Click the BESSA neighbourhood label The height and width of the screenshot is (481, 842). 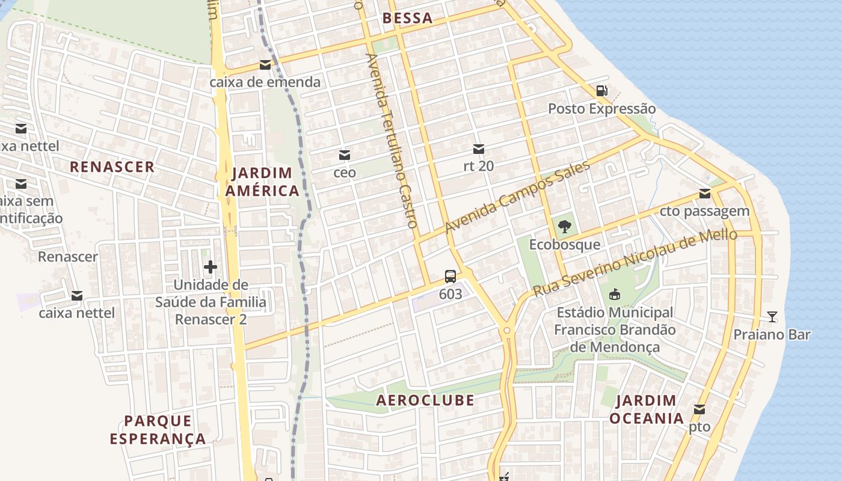point(407,18)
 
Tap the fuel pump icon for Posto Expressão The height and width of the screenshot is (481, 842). point(601,91)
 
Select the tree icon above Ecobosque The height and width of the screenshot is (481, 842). point(564,227)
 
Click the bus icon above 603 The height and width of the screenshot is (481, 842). point(450,277)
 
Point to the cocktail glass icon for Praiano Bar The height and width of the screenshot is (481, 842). point(772,317)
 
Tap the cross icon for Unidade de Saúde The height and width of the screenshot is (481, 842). point(210,267)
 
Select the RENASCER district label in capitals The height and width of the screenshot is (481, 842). point(112,167)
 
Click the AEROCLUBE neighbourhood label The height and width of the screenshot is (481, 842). point(425,400)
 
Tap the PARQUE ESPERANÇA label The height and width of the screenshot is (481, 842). point(158,429)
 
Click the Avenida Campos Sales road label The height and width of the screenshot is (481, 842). point(517,197)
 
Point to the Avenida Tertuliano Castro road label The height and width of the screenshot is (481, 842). point(392,140)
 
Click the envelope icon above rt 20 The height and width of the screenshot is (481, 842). point(479,149)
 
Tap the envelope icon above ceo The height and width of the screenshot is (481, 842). point(345,155)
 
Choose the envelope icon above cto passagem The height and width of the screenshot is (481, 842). point(704,194)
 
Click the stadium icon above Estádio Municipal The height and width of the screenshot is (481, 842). point(614,295)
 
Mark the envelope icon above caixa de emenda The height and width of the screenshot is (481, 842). point(265,65)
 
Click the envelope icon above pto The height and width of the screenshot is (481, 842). point(699,409)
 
